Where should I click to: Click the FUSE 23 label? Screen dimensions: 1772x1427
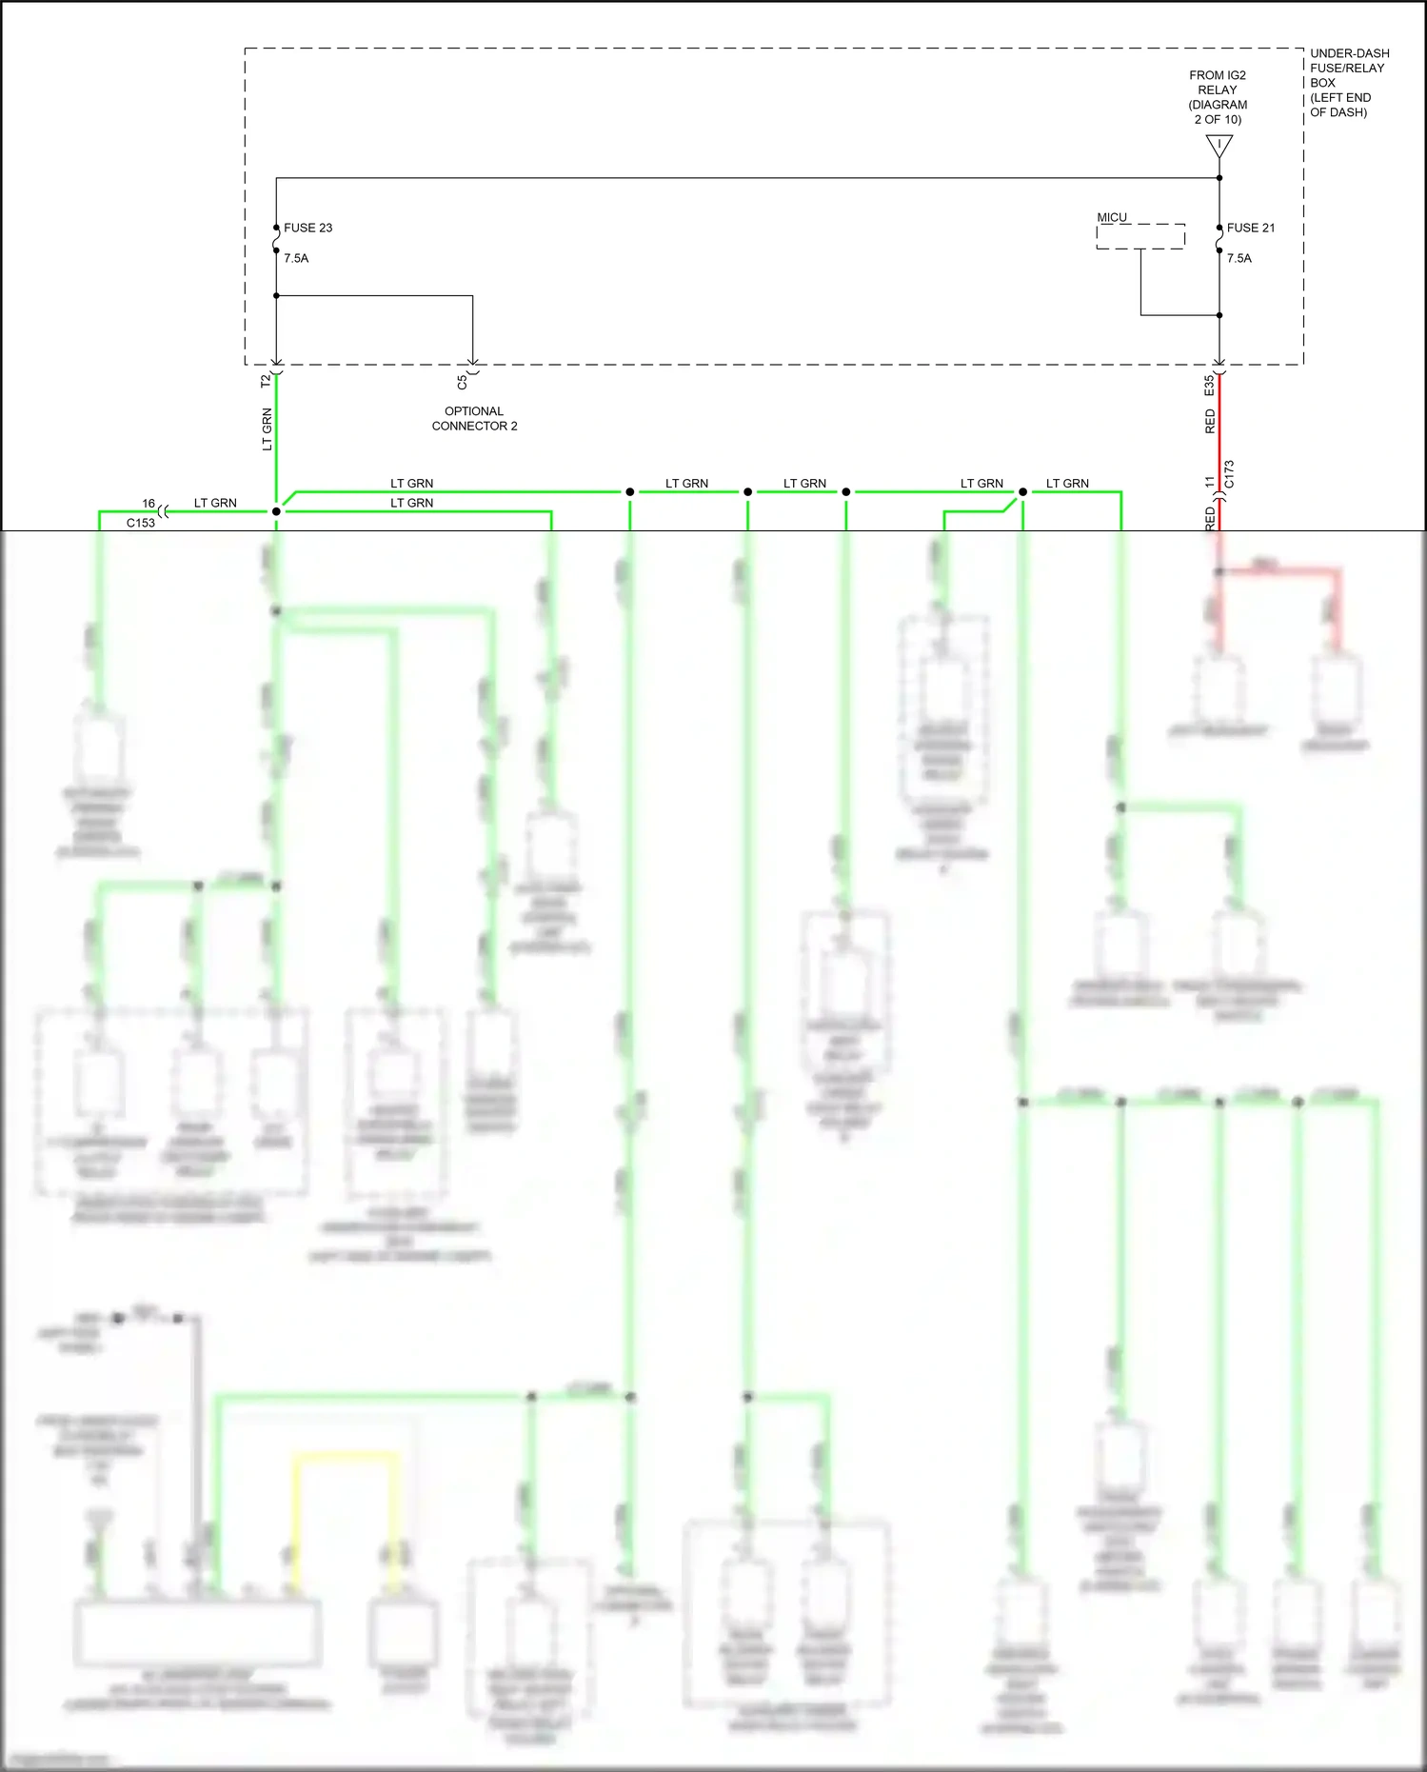(x=307, y=228)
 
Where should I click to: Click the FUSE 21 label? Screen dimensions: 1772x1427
(x=1250, y=228)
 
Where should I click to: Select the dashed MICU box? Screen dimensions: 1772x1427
(x=1140, y=236)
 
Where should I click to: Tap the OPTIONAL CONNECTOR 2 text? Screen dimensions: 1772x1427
(x=474, y=419)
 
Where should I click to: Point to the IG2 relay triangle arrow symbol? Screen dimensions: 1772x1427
(x=1219, y=146)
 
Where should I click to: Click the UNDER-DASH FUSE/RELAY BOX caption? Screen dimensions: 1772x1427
(x=1348, y=83)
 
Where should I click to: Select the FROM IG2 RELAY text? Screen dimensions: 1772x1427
(x=1218, y=97)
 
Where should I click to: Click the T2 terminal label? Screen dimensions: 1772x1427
(x=266, y=381)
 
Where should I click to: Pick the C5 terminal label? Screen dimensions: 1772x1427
(x=462, y=382)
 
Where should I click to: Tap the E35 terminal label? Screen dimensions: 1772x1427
(x=1209, y=386)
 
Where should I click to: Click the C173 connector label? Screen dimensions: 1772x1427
(x=1229, y=474)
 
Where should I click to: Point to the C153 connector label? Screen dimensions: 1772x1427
(x=141, y=523)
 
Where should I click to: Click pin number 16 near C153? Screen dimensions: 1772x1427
(x=149, y=503)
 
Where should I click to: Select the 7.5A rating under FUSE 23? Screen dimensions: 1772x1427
(x=296, y=258)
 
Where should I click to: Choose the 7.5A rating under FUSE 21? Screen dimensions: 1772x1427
(x=1239, y=258)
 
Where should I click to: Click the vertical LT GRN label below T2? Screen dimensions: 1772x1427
(x=267, y=429)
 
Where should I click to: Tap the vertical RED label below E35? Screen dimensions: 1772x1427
(x=1210, y=421)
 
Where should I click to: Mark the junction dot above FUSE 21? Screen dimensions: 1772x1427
(x=1219, y=178)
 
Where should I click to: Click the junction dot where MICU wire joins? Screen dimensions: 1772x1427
(x=1219, y=315)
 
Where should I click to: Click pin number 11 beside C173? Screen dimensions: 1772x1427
(x=1210, y=482)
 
